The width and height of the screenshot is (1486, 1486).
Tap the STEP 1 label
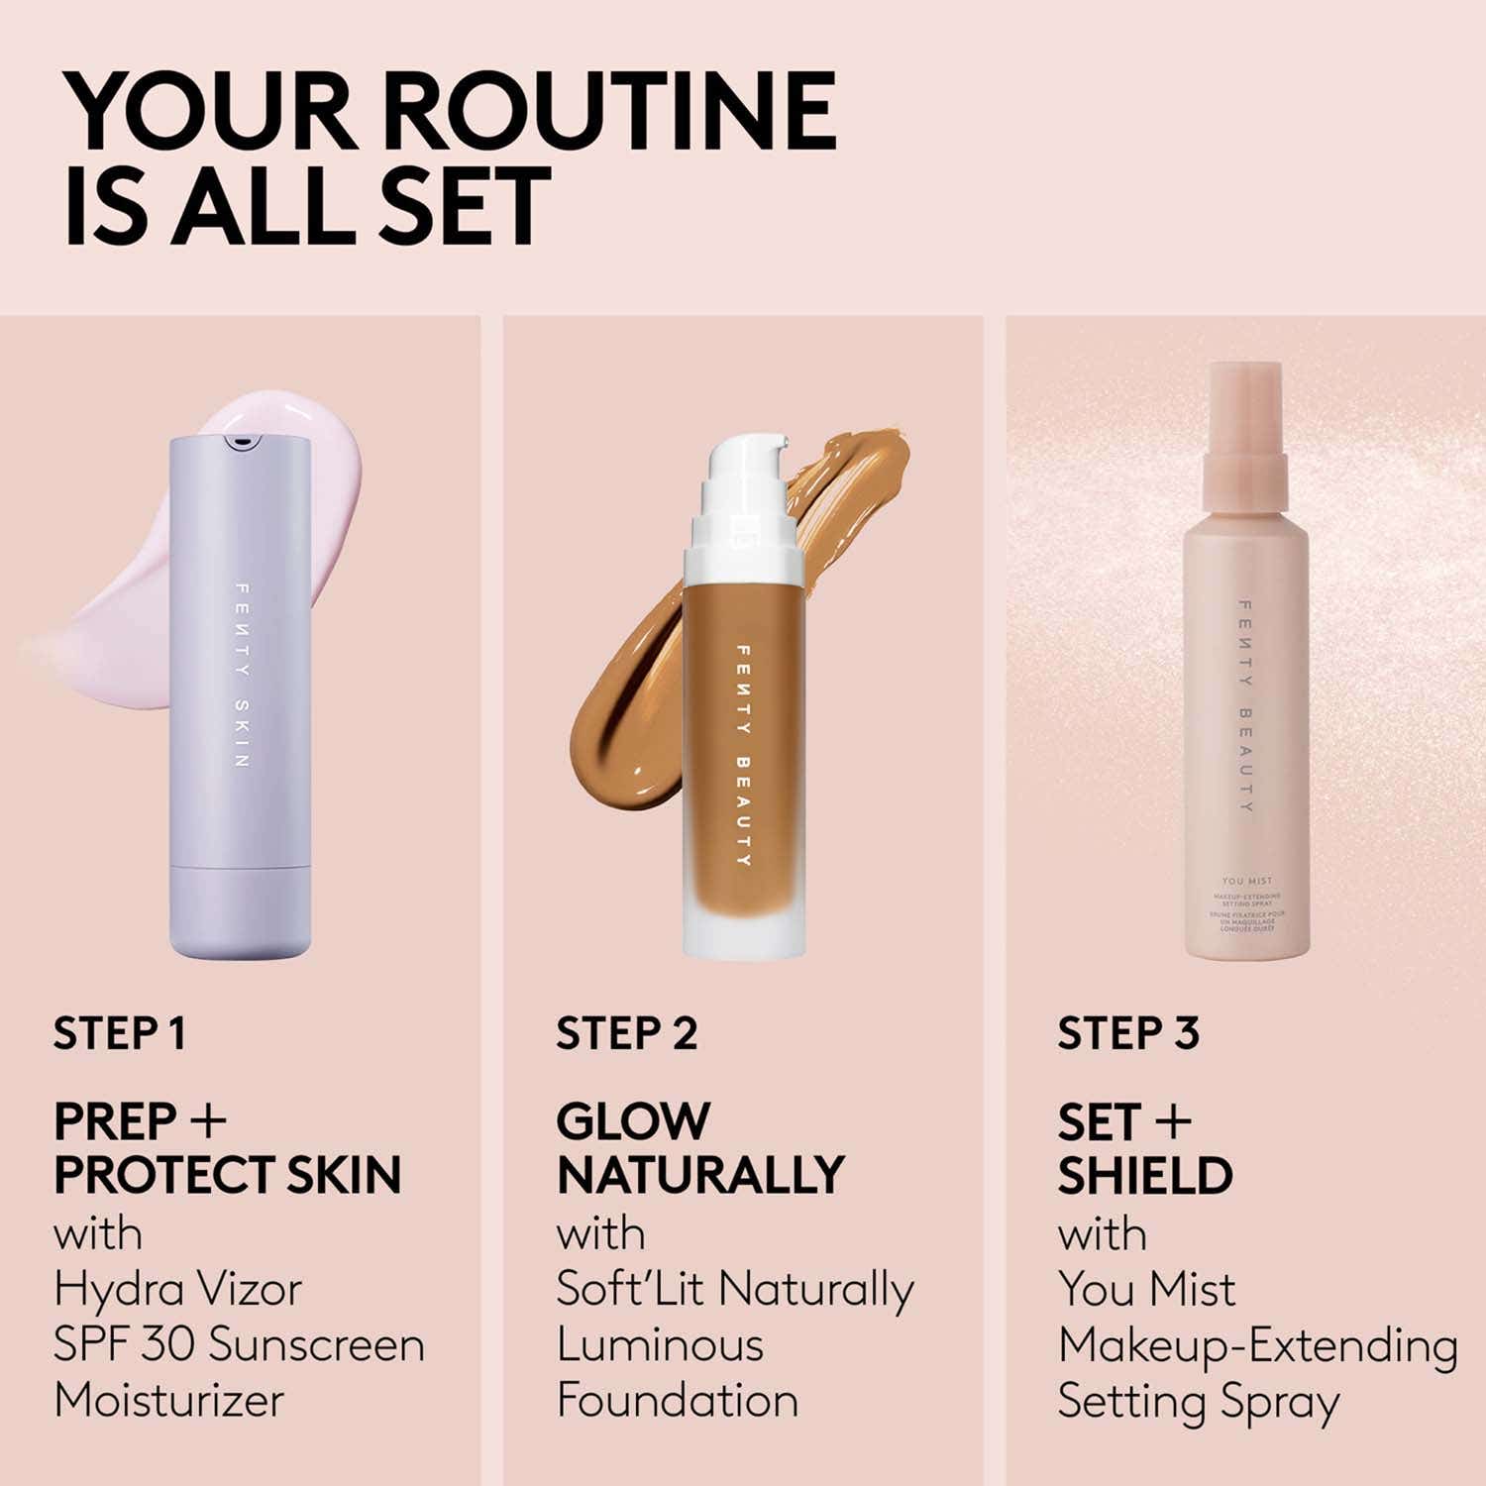click(120, 1033)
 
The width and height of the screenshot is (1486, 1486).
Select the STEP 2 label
click(626, 1033)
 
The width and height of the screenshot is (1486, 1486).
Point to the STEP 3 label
click(1128, 1033)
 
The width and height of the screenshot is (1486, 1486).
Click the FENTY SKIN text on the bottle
click(242, 675)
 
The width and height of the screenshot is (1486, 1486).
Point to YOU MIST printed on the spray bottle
click(1247, 880)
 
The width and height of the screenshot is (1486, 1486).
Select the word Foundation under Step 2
click(678, 1400)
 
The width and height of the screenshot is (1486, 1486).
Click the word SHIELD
click(1145, 1176)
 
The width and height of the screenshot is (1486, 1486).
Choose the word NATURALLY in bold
click(700, 1176)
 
